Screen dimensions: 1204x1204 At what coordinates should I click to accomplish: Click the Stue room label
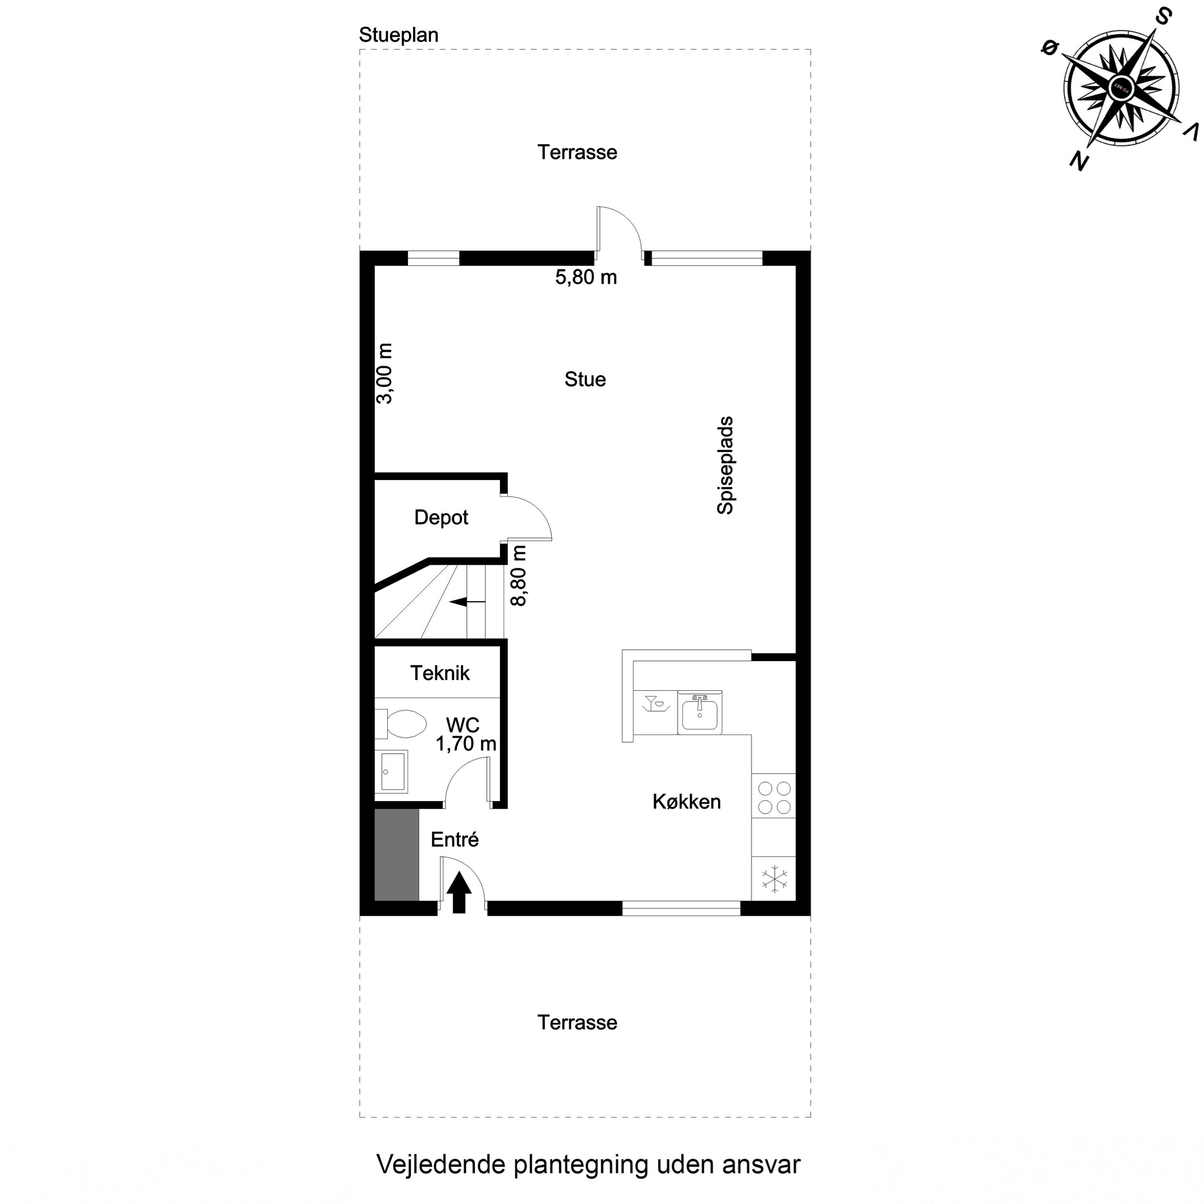tap(585, 380)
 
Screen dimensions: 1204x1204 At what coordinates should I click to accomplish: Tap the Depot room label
tap(441, 517)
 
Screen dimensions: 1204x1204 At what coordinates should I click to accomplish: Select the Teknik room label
tap(439, 673)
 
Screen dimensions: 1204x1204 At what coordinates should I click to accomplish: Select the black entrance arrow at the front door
tap(459, 893)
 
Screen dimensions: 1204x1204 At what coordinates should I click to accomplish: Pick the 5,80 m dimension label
tap(586, 277)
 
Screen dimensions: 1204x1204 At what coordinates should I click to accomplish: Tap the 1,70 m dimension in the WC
tap(466, 743)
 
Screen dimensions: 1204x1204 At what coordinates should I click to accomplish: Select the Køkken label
tap(686, 802)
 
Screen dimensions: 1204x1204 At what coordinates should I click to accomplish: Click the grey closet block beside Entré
tap(397, 854)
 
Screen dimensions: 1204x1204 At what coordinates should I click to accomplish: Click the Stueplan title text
tap(398, 36)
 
